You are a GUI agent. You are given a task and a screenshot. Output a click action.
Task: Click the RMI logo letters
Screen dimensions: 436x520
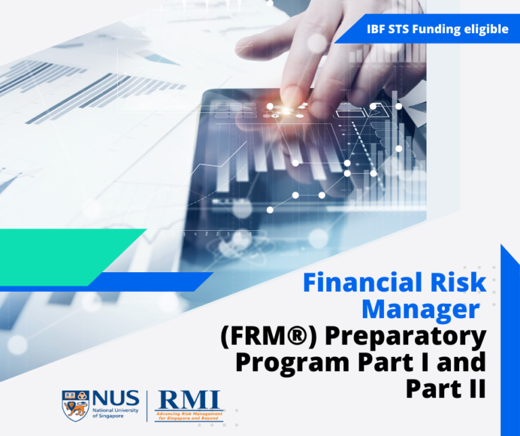pos(189,399)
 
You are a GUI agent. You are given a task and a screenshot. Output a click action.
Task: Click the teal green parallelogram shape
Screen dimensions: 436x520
pos(68,255)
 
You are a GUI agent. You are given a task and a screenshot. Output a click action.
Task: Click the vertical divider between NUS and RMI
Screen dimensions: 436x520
pos(148,405)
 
